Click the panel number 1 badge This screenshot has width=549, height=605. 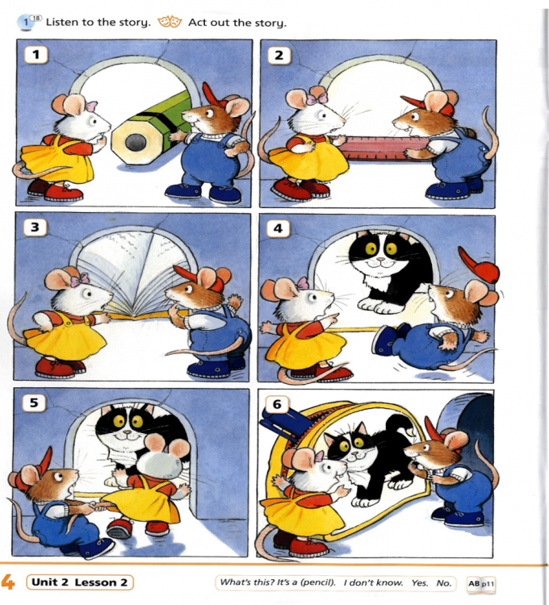[36, 54]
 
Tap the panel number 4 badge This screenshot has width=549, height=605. [278, 228]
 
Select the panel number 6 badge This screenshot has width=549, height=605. [277, 404]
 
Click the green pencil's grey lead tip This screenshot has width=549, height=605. [136, 143]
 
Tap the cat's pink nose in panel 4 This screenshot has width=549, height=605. [381, 259]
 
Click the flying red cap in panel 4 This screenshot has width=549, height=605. [479, 265]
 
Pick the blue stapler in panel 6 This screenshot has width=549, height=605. [285, 423]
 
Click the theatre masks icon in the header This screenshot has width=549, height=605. [170, 22]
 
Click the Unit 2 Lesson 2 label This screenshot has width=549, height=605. [80, 582]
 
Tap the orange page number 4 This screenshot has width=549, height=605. [8, 582]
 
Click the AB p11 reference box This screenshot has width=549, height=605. [480, 584]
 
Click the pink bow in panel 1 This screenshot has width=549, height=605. [91, 106]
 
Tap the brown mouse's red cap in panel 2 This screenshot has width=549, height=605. [429, 104]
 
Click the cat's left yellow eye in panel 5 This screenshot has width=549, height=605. [119, 420]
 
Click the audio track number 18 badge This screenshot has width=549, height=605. [36, 18]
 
